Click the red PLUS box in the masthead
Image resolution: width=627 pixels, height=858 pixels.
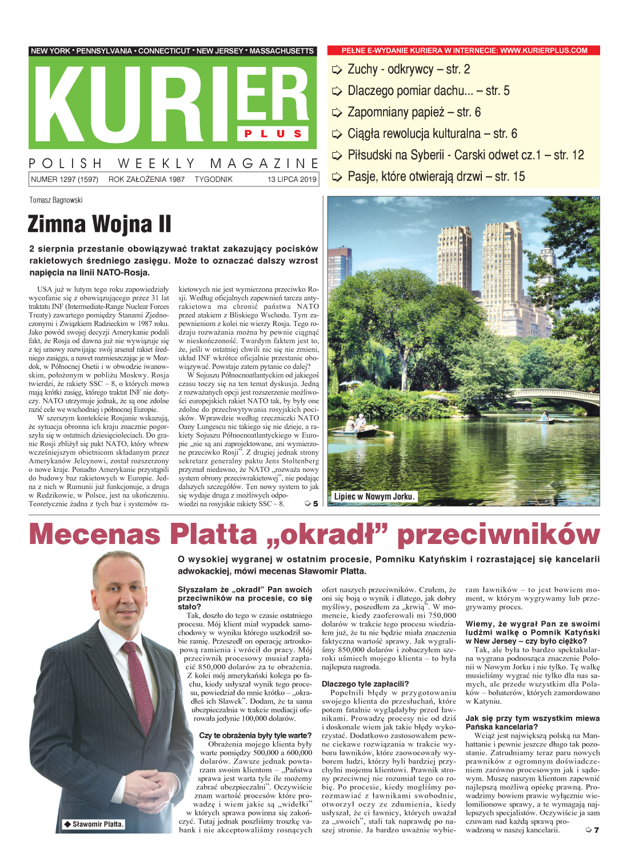pos(273,134)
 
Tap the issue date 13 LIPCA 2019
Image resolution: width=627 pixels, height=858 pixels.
pos(291,180)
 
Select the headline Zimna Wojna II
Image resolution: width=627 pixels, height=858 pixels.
pos(99,224)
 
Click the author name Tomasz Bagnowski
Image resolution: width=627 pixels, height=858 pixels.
pos(56,200)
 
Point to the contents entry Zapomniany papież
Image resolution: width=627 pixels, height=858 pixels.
pos(414,112)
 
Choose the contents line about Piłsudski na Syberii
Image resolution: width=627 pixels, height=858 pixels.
pos(465,155)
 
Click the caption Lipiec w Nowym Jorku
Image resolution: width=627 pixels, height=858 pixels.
pos(374,496)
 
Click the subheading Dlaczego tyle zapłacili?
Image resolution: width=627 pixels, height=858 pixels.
pos(365,684)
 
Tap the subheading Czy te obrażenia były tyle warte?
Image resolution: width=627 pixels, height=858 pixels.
pos(255,736)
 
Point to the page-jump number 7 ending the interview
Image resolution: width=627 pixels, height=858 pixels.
pos(596,830)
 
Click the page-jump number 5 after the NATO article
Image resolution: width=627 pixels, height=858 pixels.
pos(315,504)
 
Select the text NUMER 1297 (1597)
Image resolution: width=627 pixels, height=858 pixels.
pos(65,180)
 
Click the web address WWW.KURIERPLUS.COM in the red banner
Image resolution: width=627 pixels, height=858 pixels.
pos(544,50)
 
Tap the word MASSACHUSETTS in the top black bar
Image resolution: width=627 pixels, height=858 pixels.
pos(281,51)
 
